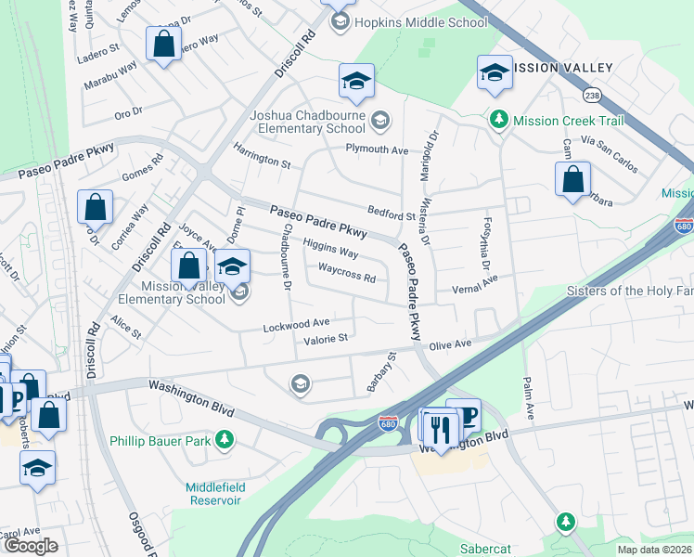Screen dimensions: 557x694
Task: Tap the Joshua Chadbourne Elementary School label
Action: (x=308, y=122)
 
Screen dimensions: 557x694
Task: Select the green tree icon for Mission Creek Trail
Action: (x=499, y=121)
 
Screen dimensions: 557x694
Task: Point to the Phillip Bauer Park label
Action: (x=160, y=440)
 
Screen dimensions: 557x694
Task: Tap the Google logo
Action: (x=30, y=547)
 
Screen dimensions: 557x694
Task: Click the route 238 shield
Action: (x=592, y=95)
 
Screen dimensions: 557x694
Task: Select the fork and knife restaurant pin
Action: (x=440, y=427)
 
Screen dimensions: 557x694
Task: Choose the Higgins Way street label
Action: (x=330, y=251)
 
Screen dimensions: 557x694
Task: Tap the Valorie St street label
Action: (x=325, y=339)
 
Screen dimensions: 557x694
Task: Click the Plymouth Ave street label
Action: (x=377, y=149)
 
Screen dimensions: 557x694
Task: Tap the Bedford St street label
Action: (x=391, y=215)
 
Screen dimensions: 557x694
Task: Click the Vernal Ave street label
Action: (x=473, y=278)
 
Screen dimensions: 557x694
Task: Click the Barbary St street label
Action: (x=381, y=370)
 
